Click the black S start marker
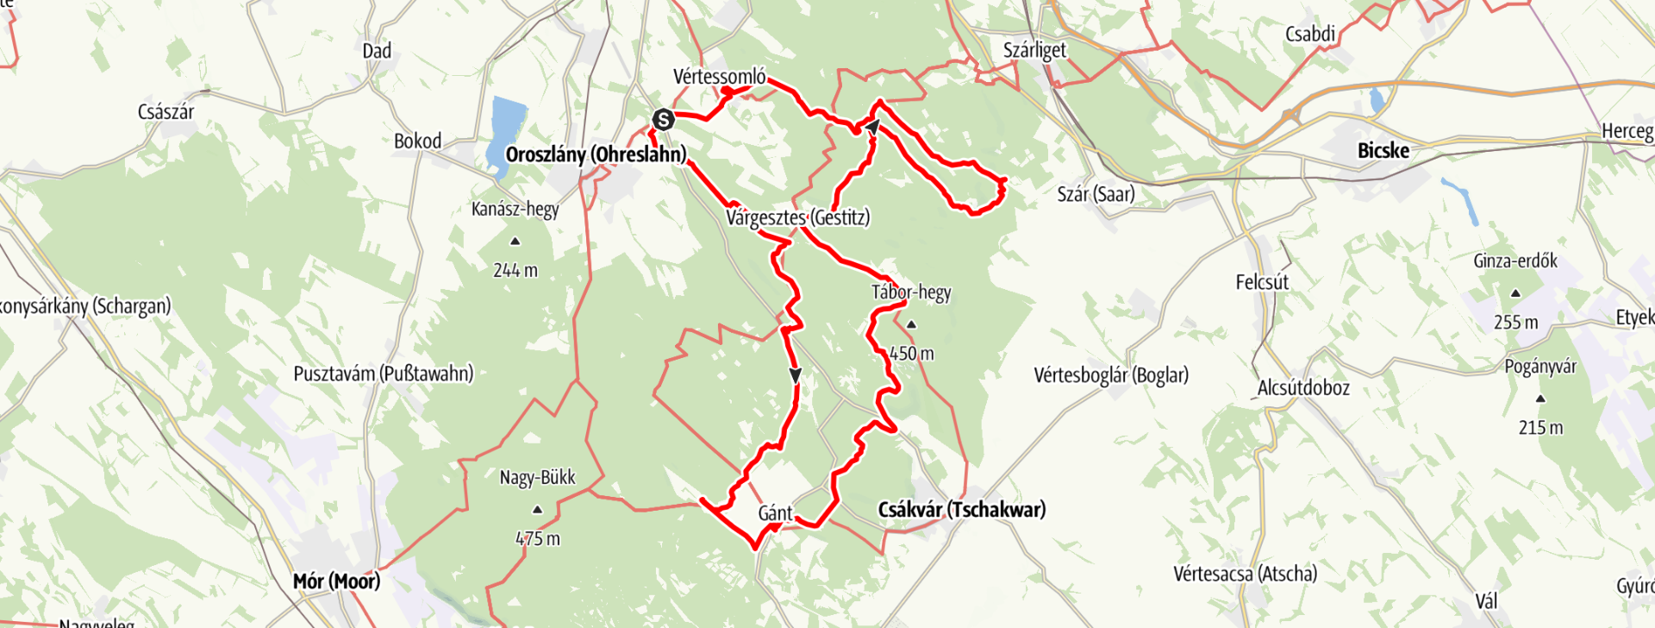pos(662,119)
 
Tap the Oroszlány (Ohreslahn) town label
pos(596,155)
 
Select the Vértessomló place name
pos(719,77)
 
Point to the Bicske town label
pos(1383,151)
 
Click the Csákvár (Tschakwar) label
pos(961,510)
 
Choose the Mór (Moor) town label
pos(336,581)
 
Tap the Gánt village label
pos(775,513)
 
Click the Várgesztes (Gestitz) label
pos(797,217)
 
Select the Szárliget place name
pos(1034,50)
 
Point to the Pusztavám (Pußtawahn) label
pos(383,374)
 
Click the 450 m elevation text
pos(911,354)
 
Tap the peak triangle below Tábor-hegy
pos(911,325)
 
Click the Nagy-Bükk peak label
pos(537,478)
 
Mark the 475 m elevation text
pos(538,539)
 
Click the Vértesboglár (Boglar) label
pos(1110,375)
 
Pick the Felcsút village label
pos(1262,282)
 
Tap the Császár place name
pos(165,112)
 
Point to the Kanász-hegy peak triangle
pos(515,242)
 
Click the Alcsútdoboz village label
pos(1303,388)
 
